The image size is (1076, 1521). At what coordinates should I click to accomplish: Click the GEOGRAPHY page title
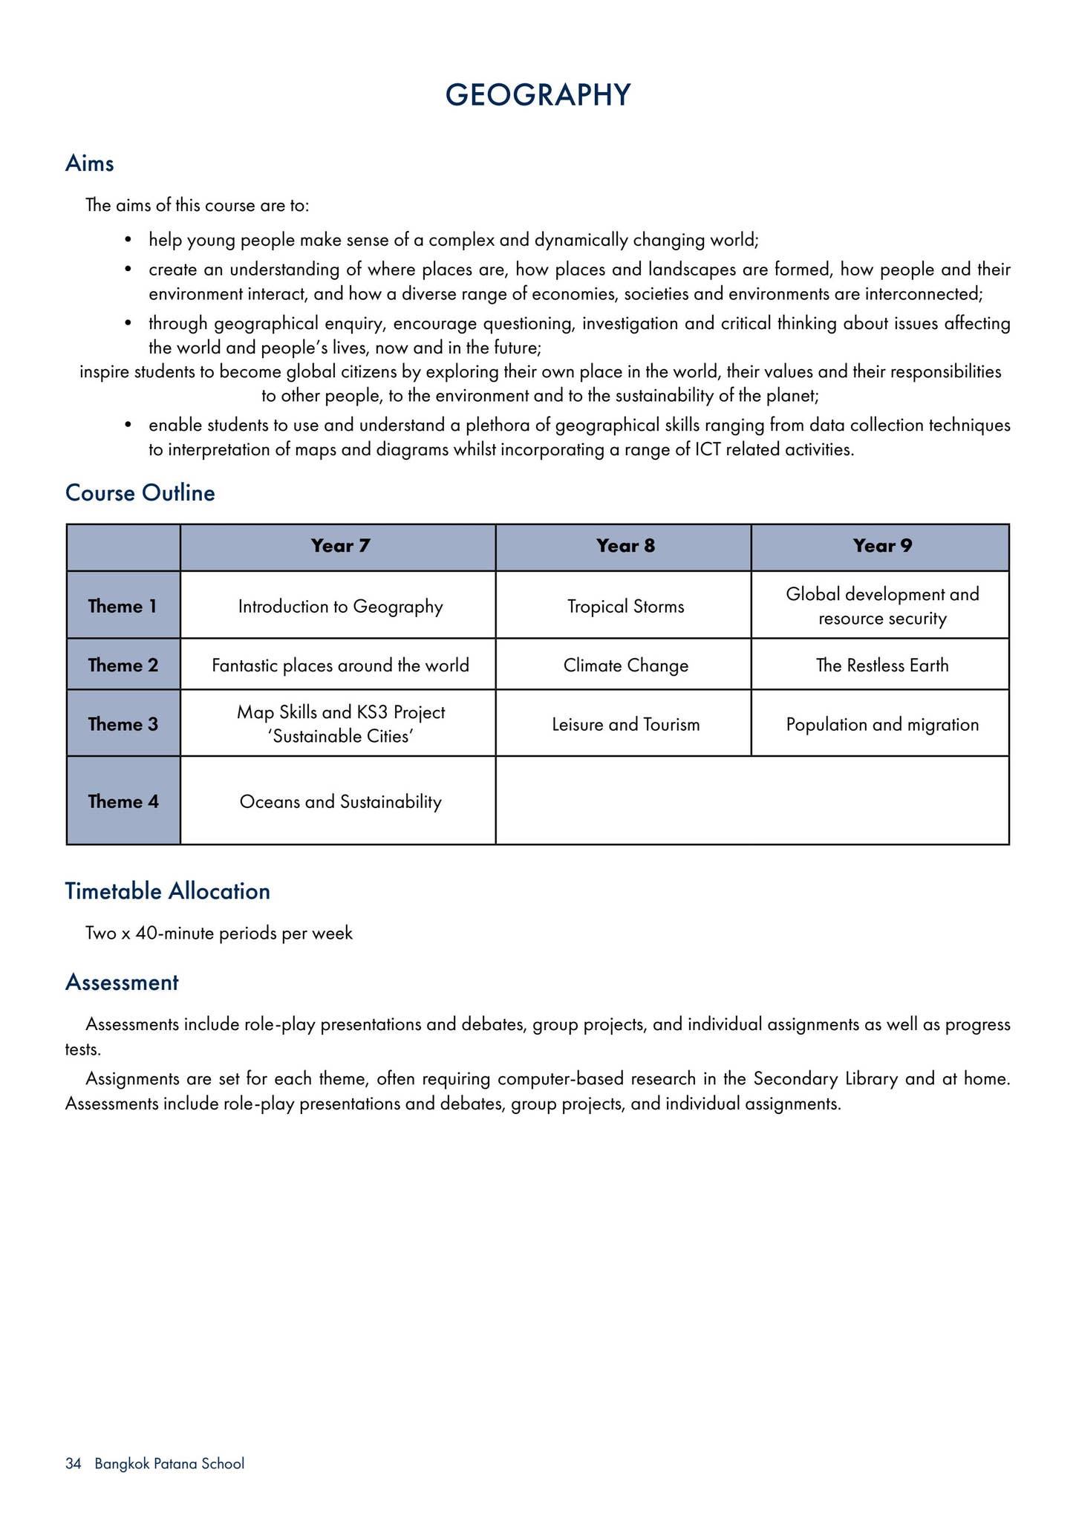tap(538, 96)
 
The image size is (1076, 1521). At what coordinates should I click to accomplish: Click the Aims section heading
tap(90, 163)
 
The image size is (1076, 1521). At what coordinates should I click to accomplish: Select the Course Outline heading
tap(140, 493)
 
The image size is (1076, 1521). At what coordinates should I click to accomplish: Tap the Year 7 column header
tap(340, 546)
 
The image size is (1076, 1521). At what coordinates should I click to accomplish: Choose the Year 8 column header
tap(625, 546)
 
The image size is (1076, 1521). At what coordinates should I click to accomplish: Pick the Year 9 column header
tap(881, 546)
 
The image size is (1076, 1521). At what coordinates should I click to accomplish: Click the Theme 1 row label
tap(123, 606)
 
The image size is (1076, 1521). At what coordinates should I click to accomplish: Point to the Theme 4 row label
tap(123, 801)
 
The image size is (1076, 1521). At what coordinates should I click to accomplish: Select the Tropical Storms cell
tap(625, 606)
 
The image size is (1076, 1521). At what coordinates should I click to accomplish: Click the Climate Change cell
tap(625, 665)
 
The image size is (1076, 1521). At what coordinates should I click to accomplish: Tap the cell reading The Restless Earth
tap(881, 665)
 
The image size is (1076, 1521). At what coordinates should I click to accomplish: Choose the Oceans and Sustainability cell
tap(340, 801)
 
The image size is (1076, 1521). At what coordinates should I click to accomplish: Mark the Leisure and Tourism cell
tap(625, 724)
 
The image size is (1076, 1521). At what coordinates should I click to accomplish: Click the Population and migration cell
tap(881, 724)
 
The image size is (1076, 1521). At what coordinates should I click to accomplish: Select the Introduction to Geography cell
tap(340, 606)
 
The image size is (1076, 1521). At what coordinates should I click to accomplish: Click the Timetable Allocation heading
tap(167, 891)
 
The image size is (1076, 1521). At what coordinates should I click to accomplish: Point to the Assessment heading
tap(122, 983)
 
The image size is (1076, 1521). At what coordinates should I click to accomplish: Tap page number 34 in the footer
tap(73, 1464)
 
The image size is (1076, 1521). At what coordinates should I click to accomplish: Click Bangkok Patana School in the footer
tap(169, 1464)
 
